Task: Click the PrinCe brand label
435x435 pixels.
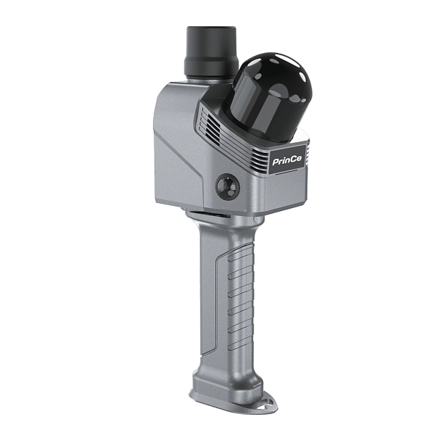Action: click(x=287, y=160)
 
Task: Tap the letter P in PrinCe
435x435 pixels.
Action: click(x=275, y=162)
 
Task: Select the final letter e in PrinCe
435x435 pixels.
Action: click(x=299, y=160)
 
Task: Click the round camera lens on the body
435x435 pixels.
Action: click(x=228, y=186)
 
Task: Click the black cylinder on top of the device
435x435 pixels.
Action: click(x=210, y=52)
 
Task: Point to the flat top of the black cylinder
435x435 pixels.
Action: click(x=211, y=28)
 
